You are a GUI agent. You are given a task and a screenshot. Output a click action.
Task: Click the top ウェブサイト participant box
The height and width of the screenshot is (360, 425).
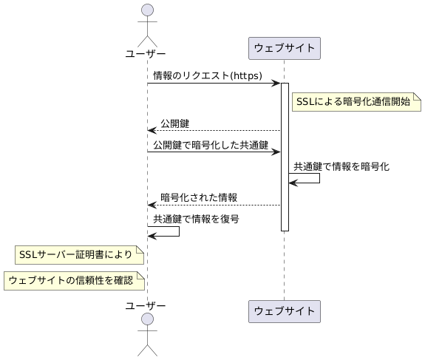[284, 49]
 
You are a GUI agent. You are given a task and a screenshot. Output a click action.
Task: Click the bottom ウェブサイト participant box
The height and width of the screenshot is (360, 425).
[284, 311]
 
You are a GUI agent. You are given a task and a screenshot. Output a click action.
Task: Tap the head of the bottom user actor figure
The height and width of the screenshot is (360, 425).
[146, 319]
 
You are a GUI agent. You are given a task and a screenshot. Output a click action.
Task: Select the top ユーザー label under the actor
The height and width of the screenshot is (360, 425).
[146, 53]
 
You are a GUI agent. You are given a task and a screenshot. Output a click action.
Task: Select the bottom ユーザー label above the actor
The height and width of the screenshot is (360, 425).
[146, 305]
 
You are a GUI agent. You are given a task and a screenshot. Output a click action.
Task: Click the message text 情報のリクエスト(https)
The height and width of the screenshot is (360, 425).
[207, 75]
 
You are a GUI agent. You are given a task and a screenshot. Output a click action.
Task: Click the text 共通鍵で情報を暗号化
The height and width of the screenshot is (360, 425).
[341, 167]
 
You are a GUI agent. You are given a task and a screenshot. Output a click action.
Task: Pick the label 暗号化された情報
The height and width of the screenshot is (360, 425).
[199, 197]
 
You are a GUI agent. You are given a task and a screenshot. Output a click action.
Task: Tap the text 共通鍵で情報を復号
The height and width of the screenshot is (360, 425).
[196, 219]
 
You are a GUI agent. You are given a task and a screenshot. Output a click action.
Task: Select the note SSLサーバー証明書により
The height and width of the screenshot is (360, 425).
[78, 255]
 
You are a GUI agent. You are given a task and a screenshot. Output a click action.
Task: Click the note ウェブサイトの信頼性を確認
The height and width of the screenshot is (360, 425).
[74, 280]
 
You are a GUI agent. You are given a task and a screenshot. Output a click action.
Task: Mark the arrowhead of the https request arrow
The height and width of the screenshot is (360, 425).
[276, 84]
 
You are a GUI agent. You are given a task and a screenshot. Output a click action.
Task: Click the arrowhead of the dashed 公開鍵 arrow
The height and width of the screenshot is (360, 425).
[152, 130]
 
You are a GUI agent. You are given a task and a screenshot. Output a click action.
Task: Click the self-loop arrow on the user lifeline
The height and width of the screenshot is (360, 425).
[178, 231]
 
